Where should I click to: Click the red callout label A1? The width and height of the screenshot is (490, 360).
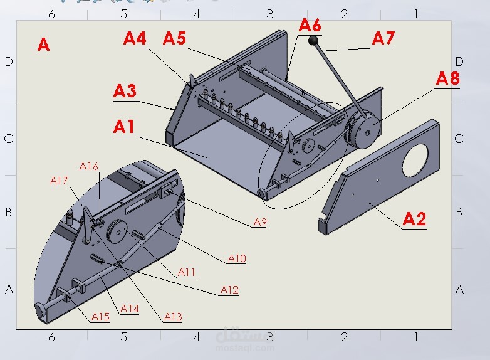coord(124,127)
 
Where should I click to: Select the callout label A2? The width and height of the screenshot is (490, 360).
coord(414,219)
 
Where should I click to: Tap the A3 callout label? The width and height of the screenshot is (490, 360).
coord(125,91)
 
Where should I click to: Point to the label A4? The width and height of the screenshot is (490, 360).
coord(135,38)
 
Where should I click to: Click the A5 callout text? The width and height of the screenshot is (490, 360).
coord(174,38)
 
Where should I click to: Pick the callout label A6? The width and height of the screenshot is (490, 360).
coord(310,25)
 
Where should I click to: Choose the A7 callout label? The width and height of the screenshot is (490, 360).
coord(383,38)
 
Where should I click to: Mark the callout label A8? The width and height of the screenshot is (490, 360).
coord(448,78)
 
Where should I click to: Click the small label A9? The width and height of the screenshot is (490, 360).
coord(260,222)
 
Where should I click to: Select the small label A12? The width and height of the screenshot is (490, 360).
coord(230,290)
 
